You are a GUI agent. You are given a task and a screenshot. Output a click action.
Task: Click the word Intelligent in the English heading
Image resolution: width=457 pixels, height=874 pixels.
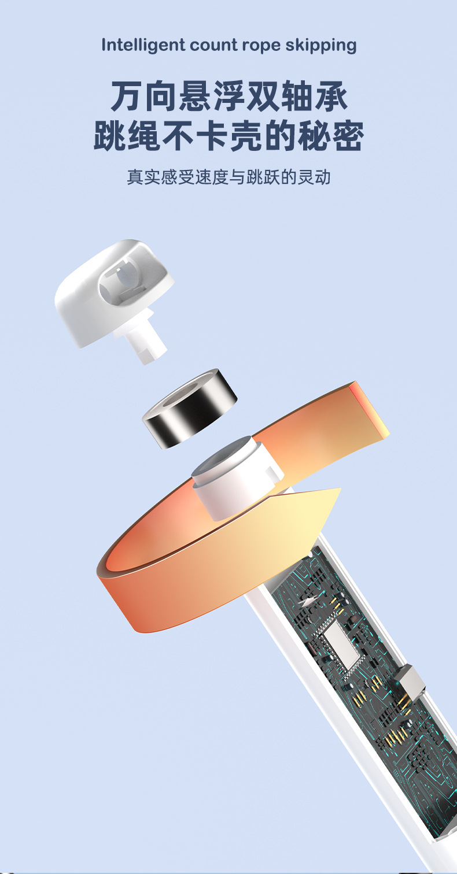(x=143, y=45)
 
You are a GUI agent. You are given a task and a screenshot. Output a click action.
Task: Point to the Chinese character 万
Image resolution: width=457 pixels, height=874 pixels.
(x=127, y=95)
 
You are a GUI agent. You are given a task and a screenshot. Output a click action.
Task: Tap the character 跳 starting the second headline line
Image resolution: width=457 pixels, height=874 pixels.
(x=110, y=135)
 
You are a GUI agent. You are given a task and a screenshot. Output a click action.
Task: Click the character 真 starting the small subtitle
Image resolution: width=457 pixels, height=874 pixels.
(x=135, y=177)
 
